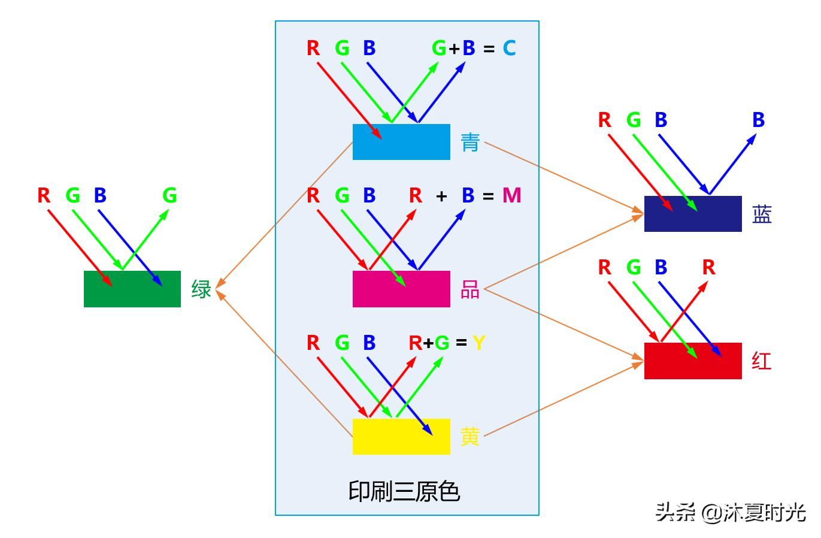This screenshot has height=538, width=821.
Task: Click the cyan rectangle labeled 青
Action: (401, 142)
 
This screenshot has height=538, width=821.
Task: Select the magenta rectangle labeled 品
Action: (401, 289)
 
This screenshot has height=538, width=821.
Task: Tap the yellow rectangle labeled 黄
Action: (401, 436)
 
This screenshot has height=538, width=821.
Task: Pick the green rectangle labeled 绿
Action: (132, 289)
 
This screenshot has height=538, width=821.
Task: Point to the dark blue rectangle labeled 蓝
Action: (693, 214)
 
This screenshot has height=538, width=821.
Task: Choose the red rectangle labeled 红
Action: (693, 361)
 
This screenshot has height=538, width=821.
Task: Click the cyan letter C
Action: (509, 48)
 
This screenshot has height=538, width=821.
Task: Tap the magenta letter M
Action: (511, 195)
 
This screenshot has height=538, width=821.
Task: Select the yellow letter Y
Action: (478, 343)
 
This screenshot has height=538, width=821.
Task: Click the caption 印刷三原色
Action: (404, 491)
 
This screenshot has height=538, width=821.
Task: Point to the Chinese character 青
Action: (470, 143)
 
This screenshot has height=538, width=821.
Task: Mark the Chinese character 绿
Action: (201, 289)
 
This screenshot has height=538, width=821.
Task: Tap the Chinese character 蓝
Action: (762, 214)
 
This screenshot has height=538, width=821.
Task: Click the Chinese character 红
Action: (762, 361)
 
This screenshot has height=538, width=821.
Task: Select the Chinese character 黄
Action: (470, 437)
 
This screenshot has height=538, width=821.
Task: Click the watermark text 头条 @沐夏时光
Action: (730, 513)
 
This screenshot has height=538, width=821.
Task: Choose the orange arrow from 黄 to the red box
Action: (563, 400)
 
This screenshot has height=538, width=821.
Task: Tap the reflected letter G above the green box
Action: (170, 195)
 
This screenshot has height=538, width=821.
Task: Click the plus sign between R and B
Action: (442, 196)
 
